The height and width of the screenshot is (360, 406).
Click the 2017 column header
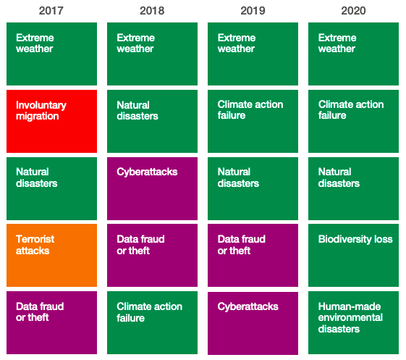pos(51,11)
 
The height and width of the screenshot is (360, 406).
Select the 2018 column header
pos(152,11)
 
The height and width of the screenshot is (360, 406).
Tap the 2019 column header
pos(253,11)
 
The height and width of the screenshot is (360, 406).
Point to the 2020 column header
pos(353,11)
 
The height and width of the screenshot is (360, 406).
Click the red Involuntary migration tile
pos(51,121)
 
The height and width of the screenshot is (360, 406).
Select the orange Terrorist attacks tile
pos(51,255)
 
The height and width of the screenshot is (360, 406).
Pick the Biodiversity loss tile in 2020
pos(353,255)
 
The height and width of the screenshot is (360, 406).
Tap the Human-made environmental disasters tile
pos(353,322)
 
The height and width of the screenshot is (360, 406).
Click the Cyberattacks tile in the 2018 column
pos(152,188)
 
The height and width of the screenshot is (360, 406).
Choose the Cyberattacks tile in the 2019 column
pos(253,322)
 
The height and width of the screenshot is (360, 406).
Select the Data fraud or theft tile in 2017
pos(51,322)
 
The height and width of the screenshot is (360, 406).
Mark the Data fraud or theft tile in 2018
pos(152,255)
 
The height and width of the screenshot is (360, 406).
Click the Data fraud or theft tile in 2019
pos(253,255)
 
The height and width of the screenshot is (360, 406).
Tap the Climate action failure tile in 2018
pos(152,322)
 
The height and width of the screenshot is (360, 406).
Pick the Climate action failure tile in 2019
pos(253,121)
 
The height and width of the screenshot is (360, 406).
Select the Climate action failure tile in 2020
pos(353,121)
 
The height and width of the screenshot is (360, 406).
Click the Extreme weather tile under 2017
pos(51,54)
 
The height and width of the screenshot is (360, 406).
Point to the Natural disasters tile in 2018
pos(152,121)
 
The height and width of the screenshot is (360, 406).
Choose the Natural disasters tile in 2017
pos(51,188)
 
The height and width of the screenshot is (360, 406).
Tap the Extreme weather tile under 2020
pos(353,54)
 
